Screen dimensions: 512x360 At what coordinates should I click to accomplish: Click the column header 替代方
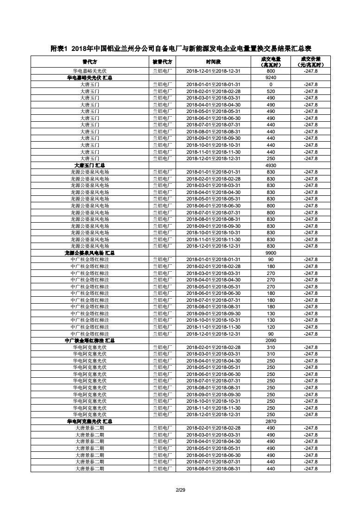point(89,62)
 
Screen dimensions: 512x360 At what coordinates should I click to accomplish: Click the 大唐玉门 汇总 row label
point(89,165)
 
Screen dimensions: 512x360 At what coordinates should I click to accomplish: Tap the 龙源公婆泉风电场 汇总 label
point(89,253)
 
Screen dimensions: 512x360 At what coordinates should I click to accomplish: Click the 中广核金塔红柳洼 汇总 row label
point(89,341)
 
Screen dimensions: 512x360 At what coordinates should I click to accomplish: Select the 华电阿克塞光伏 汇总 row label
point(89,422)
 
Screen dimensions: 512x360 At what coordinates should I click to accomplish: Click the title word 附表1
point(61,49)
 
